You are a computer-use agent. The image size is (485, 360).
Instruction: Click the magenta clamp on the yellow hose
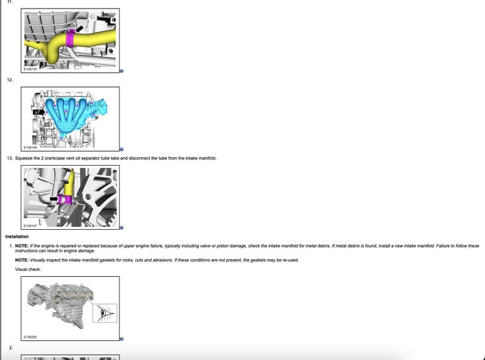(x=70, y=38)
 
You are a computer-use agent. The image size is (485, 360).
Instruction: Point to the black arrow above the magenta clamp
(x=79, y=29)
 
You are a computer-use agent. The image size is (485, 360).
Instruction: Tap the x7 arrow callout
(x=39, y=112)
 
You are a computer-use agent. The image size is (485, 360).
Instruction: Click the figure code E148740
(x=31, y=69)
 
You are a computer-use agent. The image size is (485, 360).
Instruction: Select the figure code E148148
(x=31, y=147)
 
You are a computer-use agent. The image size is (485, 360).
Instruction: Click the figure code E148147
(x=31, y=226)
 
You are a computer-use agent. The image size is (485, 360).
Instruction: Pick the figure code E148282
(x=31, y=337)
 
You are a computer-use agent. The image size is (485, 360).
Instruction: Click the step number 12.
(x=10, y=80)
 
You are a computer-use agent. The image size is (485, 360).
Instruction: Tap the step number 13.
(x=10, y=158)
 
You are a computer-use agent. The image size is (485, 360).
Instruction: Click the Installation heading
(x=17, y=237)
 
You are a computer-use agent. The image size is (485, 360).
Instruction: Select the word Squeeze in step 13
(x=23, y=158)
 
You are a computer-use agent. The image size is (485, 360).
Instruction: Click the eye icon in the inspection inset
(x=104, y=314)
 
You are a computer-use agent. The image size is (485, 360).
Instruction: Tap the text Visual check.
(x=28, y=270)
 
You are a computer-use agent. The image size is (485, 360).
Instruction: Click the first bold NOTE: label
(x=22, y=246)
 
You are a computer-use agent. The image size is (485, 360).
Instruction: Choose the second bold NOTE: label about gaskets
(x=22, y=260)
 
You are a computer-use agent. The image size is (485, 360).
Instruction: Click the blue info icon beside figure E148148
(x=122, y=149)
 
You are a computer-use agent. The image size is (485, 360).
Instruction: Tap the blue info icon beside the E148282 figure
(x=122, y=339)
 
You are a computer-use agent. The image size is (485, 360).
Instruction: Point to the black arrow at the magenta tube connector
(x=54, y=199)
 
